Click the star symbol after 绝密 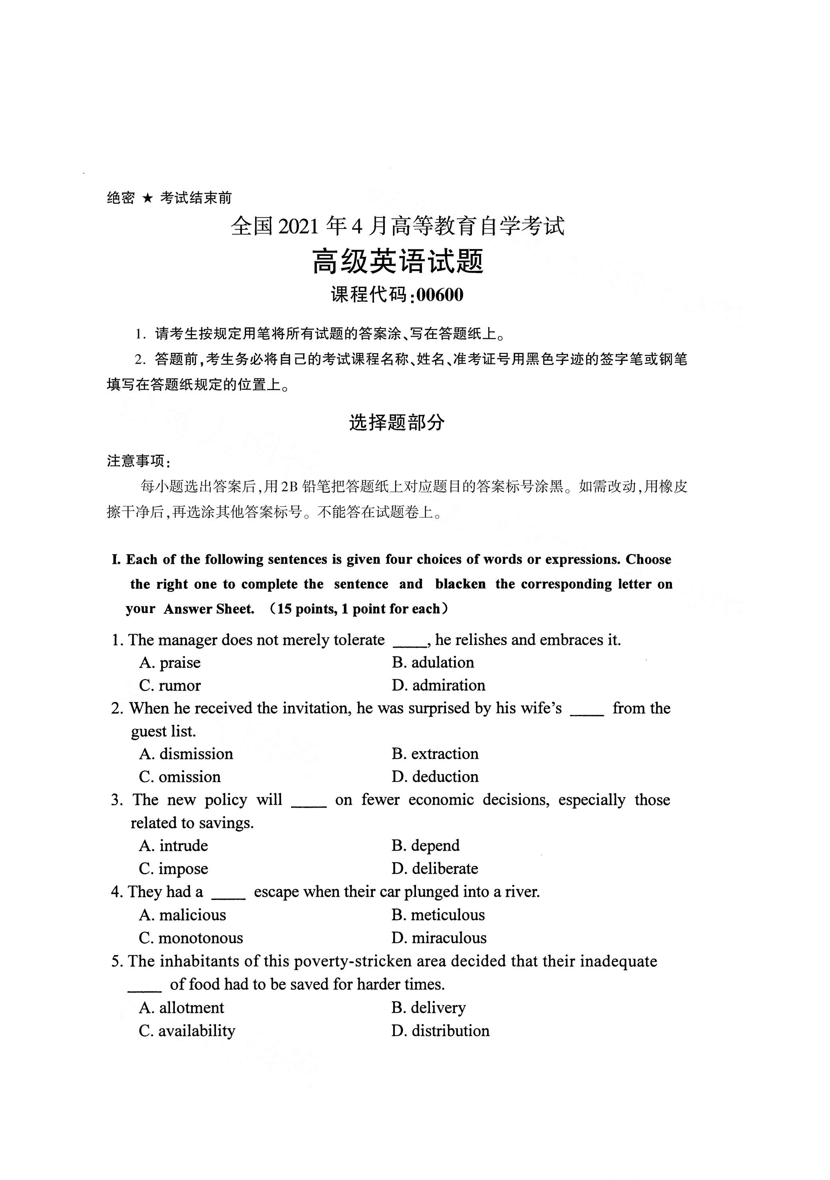tap(147, 198)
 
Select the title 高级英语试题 tap(398, 262)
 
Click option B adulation tap(433, 663)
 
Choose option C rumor tap(170, 686)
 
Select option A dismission tap(186, 754)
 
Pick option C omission tap(180, 776)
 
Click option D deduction tap(435, 776)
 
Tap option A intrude tap(174, 846)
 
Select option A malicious tap(182, 915)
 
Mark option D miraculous tap(439, 938)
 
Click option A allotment tap(181, 1007)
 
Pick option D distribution tap(440, 1031)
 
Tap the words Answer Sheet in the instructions tap(209, 609)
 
